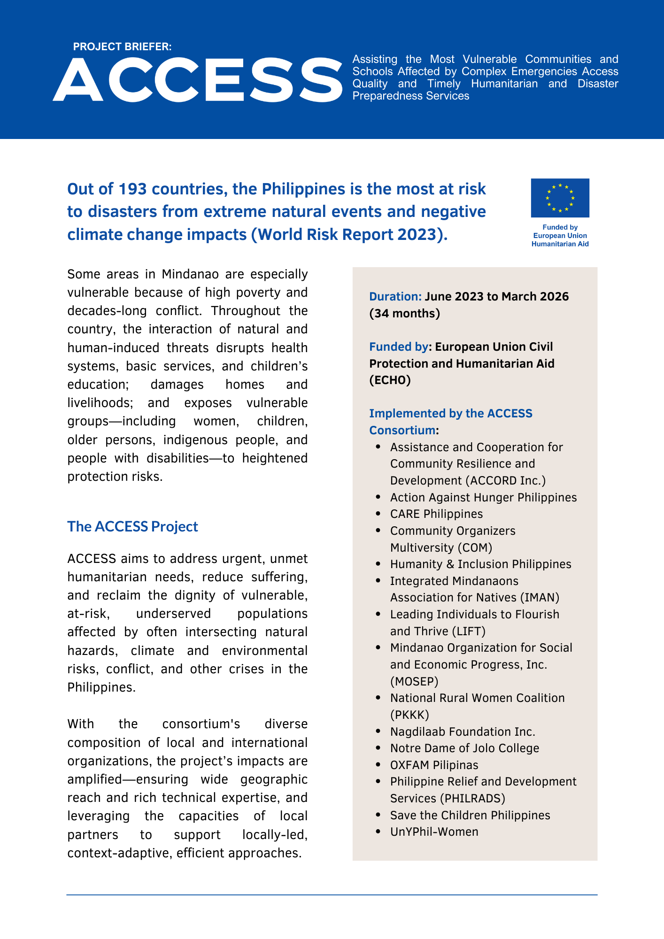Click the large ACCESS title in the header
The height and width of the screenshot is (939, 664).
pyautogui.click(x=198, y=79)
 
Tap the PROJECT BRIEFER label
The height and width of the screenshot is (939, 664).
pyautogui.click(x=122, y=47)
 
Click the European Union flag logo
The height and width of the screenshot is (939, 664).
pyautogui.click(x=560, y=198)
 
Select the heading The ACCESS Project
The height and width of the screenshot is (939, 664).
pyautogui.click(x=132, y=526)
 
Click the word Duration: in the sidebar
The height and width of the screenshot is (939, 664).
pyautogui.click(x=395, y=297)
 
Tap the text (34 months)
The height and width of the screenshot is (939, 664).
pyautogui.click(x=404, y=314)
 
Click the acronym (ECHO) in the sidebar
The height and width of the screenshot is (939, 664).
pyautogui.click(x=390, y=380)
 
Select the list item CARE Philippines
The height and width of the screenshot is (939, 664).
pyautogui.click(x=436, y=514)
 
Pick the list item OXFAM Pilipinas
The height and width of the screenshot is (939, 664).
pyautogui.click(x=434, y=765)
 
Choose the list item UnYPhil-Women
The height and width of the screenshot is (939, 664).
pyautogui.click(x=434, y=832)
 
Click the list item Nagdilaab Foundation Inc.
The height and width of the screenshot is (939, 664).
pyautogui.click(x=463, y=731)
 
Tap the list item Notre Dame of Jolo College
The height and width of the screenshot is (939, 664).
pyautogui.click(x=464, y=748)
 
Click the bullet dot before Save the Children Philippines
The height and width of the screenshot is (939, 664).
pyautogui.click(x=378, y=815)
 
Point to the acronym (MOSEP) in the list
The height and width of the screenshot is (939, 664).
pyautogui.click(x=414, y=681)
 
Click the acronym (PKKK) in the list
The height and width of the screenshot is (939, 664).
pyautogui.click(x=409, y=715)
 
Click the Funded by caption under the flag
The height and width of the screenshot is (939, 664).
pyautogui.click(x=560, y=228)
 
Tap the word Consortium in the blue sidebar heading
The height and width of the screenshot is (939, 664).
pyautogui.click(x=402, y=431)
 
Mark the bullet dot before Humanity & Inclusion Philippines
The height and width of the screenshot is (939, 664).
pyautogui.click(x=378, y=564)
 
